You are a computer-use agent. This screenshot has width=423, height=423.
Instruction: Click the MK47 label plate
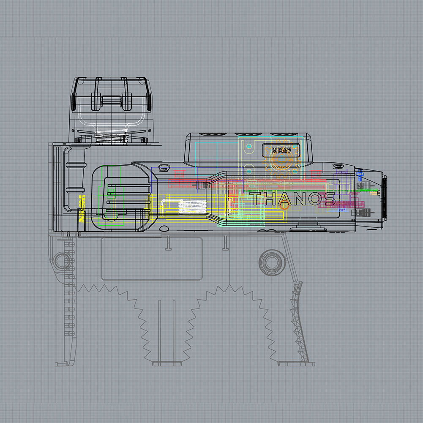[x=281, y=150]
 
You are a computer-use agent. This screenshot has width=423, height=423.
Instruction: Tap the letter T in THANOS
[x=256, y=199]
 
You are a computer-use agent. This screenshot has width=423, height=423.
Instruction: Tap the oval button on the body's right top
[x=338, y=166]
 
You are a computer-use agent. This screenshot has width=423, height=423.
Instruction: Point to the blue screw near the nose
[x=360, y=173]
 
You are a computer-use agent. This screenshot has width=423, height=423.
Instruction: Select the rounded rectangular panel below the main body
[x=152, y=259]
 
